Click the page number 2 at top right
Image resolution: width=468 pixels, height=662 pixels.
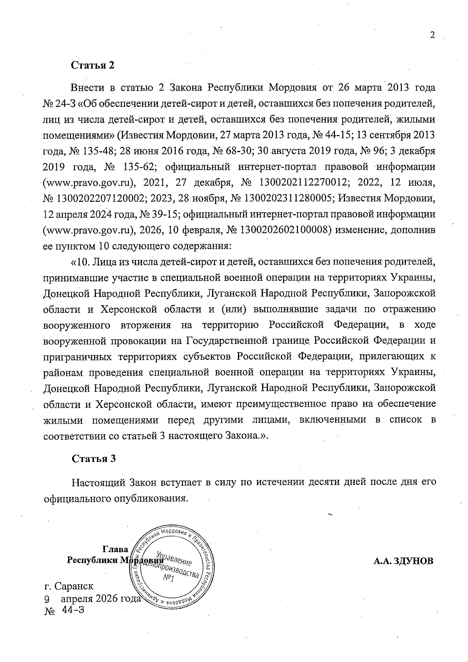(x=432, y=35)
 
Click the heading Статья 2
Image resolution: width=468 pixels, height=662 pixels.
(x=93, y=65)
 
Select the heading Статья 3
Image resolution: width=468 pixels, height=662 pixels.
(x=94, y=458)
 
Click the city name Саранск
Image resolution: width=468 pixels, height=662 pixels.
(x=74, y=586)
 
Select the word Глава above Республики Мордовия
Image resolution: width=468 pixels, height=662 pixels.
(x=115, y=549)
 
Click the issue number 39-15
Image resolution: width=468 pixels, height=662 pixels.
(x=166, y=214)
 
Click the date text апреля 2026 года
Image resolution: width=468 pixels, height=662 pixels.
(x=100, y=598)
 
